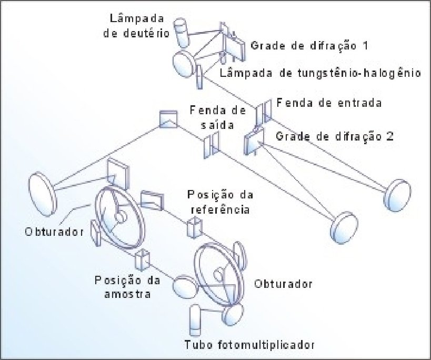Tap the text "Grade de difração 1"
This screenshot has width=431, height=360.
[x=308, y=45]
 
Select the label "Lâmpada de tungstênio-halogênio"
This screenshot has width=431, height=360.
[x=320, y=73]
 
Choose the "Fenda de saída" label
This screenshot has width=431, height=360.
[x=217, y=119]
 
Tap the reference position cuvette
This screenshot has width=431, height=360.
[x=194, y=227]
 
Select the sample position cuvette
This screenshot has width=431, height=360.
[x=143, y=259]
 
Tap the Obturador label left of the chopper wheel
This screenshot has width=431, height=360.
[x=53, y=232]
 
